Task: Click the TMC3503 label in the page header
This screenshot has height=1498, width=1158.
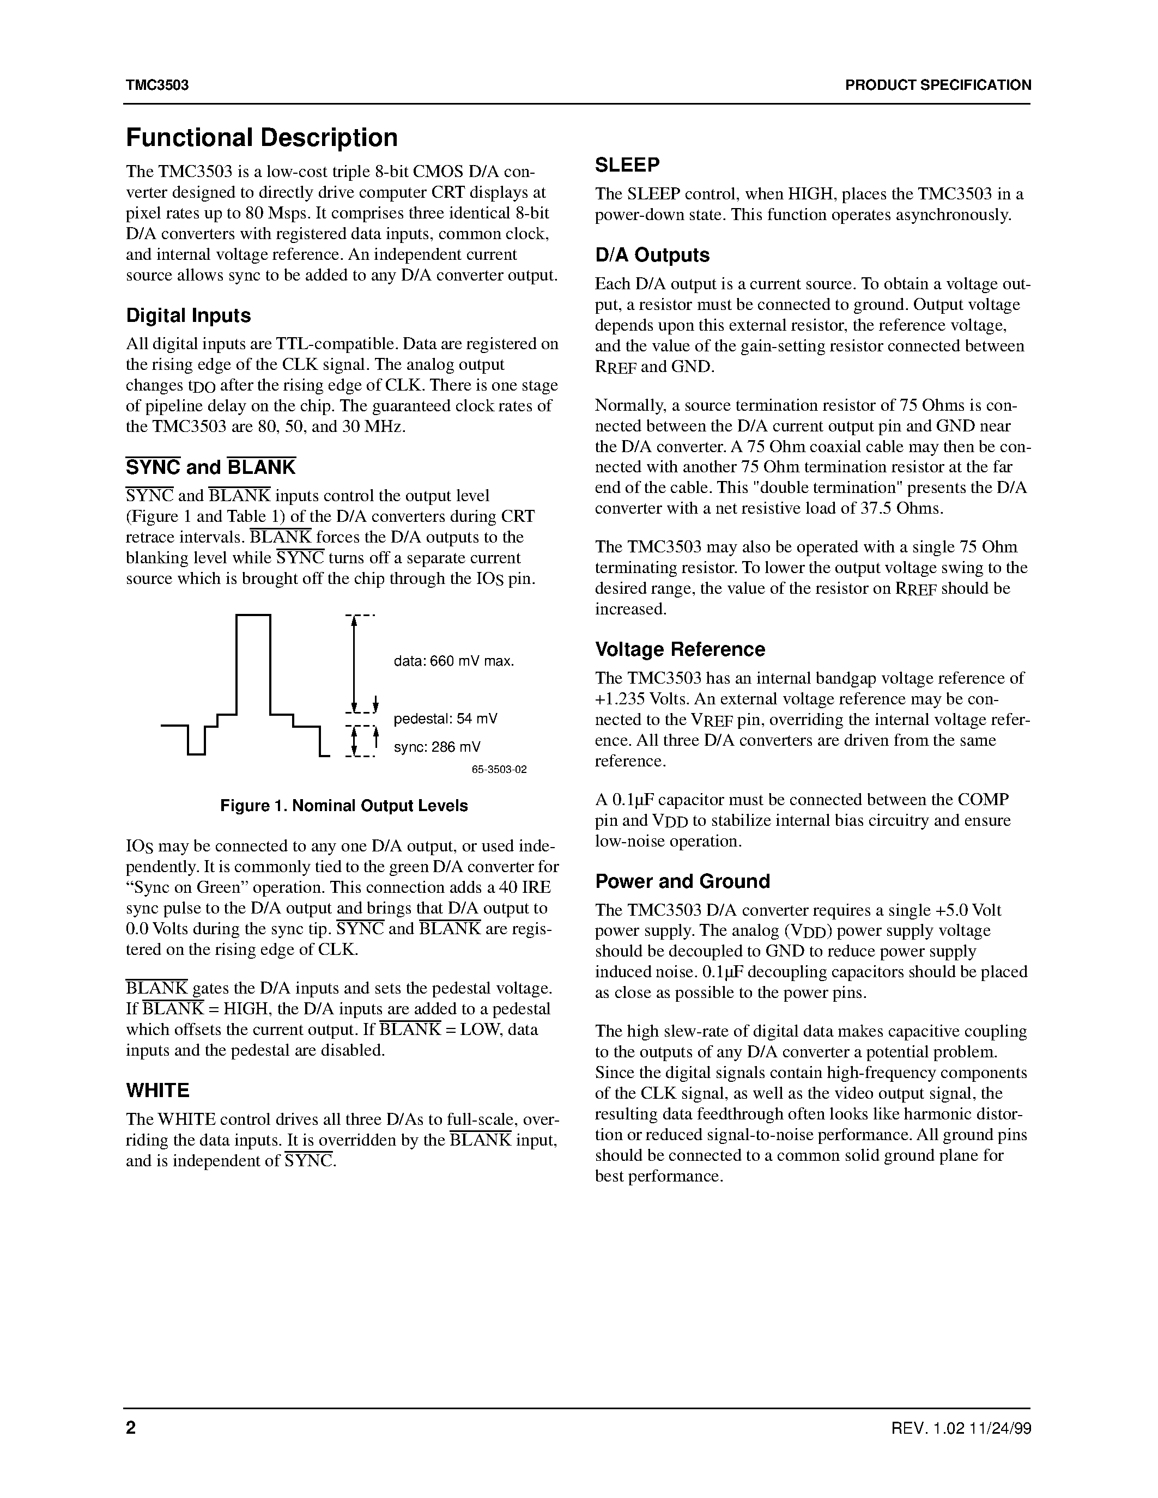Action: tap(157, 85)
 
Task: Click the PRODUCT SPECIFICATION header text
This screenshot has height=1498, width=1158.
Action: tap(937, 85)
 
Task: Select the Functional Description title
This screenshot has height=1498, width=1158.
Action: tap(262, 138)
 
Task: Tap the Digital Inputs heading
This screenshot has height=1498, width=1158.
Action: tap(188, 315)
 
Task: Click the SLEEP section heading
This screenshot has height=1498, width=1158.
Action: tap(627, 165)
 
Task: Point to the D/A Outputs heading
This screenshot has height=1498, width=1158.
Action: tap(652, 255)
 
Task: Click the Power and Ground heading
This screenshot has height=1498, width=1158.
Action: tap(682, 881)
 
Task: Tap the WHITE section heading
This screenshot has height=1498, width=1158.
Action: tap(157, 1091)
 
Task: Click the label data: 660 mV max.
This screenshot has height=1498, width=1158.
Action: tap(453, 661)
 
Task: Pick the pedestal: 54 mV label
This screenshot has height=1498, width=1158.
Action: tap(445, 719)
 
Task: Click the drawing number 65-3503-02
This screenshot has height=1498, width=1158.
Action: tap(499, 770)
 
